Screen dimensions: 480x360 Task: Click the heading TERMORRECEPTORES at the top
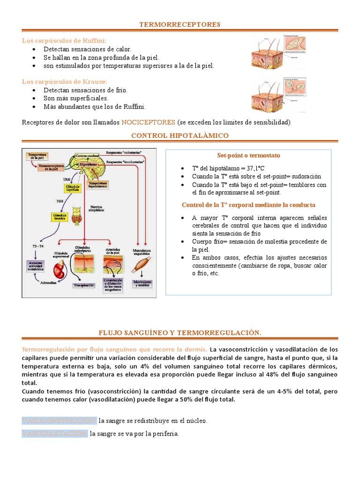pos(180,24)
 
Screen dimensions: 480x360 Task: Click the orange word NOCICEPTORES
pos(148,122)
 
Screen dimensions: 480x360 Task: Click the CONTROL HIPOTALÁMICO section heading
pos(180,135)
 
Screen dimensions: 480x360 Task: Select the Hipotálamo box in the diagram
pos(89,165)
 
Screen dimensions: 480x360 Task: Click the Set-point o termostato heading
pos(248,155)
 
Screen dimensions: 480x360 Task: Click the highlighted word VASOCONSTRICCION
pos(59,420)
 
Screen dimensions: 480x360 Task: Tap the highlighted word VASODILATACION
pos(54,434)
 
